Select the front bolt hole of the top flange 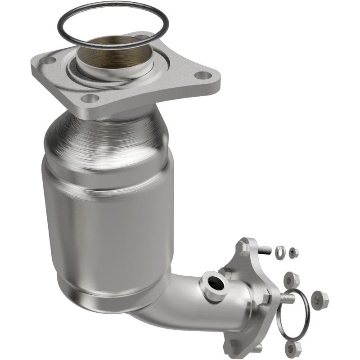click(90, 99)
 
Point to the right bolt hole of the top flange click(204, 76)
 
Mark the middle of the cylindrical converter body click(108, 211)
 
